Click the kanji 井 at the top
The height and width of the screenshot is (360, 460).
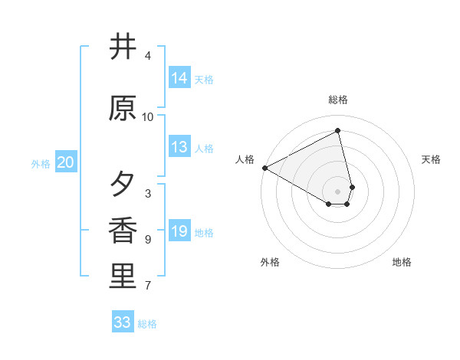[123, 47]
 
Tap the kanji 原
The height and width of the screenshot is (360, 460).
[123, 108]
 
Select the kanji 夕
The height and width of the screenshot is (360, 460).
[123, 185]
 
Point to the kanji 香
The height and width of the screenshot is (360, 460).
[123, 231]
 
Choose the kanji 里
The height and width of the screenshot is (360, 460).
[123, 277]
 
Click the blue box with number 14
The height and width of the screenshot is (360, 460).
[179, 78]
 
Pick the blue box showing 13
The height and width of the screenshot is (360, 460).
[179, 147]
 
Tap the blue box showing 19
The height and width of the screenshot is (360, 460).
[179, 231]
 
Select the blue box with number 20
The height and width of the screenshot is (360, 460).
[66, 162]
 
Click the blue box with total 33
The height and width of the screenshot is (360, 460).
[123, 322]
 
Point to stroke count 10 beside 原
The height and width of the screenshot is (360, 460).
[148, 117]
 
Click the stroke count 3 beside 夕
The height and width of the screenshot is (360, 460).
[148, 194]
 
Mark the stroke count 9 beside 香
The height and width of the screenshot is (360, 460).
[148, 240]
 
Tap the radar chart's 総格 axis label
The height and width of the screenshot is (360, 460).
[338, 100]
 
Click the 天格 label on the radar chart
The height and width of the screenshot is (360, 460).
[432, 159]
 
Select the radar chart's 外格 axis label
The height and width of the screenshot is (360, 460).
[270, 262]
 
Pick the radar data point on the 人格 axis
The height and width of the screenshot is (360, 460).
[264, 168]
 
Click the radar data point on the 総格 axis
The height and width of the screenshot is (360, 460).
[338, 131]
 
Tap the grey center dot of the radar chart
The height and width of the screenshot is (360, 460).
[338, 191]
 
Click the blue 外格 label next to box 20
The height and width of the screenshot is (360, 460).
[41, 163]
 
